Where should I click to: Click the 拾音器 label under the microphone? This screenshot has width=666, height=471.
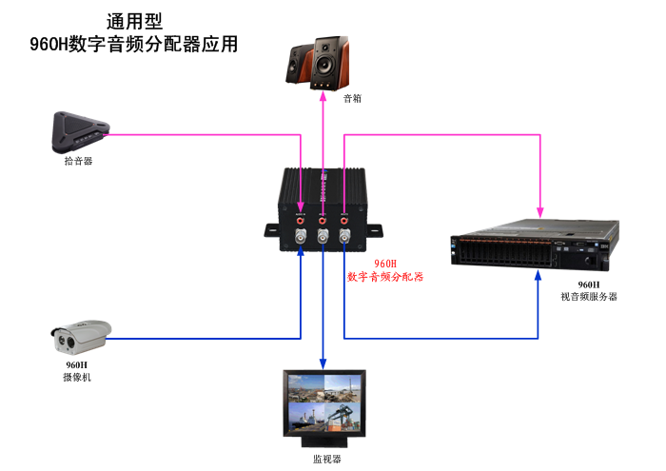tap(78, 161)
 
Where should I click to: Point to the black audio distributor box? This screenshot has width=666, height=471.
tap(323, 209)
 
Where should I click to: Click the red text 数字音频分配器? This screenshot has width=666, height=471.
tap(385, 277)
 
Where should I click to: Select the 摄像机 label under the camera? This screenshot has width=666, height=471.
tap(77, 378)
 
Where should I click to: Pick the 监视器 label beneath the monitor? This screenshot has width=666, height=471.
tap(326, 459)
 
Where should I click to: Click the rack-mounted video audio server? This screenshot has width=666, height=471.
tap(534, 245)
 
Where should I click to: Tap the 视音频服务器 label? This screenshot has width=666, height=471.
tap(589, 297)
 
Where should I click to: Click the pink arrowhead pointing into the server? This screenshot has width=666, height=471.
tap(540, 208)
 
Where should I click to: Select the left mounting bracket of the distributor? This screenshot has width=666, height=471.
tap(273, 228)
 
